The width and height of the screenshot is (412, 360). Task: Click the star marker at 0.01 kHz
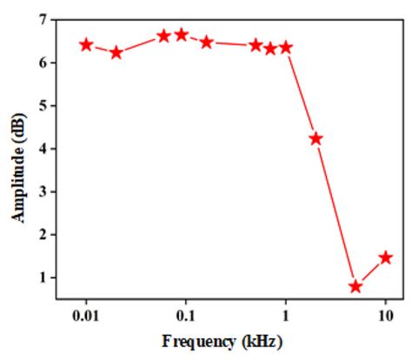pyautogui.click(x=86, y=44)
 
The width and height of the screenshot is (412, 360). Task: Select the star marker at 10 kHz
pyautogui.click(x=386, y=257)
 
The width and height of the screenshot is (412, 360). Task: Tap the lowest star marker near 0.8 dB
pyautogui.click(x=356, y=286)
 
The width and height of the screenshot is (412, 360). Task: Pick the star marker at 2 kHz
pyautogui.click(x=316, y=138)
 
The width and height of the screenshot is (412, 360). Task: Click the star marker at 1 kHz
pyautogui.click(x=286, y=47)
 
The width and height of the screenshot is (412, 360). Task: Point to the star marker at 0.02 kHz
pyautogui.click(x=116, y=52)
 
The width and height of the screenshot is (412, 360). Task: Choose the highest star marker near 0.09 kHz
pyautogui.click(x=182, y=35)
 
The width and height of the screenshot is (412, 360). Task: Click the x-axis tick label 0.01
pyautogui.click(x=86, y=314)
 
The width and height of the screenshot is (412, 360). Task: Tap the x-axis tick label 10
pyautogui.click(x=385, y=314)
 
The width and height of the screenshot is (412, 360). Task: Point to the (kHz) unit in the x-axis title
pyautogui.click(x=260, y=341)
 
